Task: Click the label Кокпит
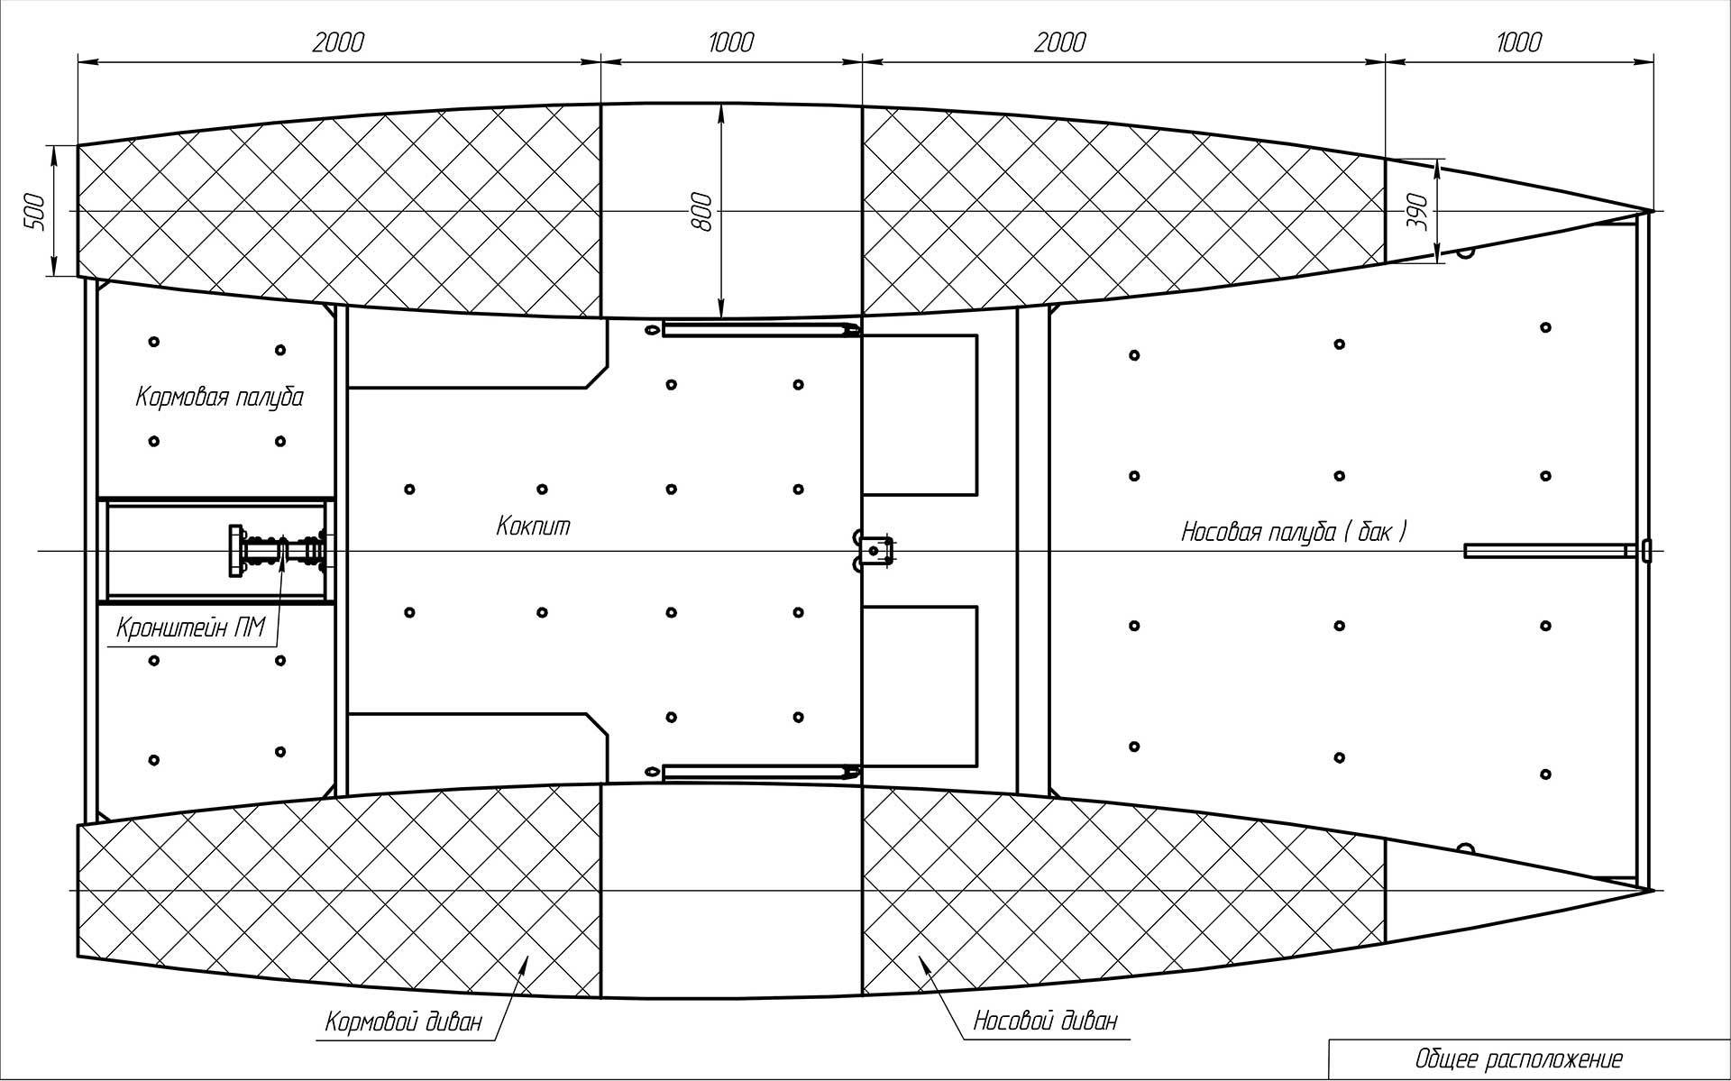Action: click(x=534, y=527)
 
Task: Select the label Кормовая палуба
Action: click(x=220, y=398)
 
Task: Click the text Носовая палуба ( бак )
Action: click(x=1294, y=532)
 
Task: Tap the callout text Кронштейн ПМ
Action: click(x=190, y=627)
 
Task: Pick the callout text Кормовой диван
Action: click(x=404, y=1022)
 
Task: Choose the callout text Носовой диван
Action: click(x=1045, y=1021)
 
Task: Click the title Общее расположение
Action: click(x=1519, y=1058)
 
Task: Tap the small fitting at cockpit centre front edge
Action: click(x=873, y=550)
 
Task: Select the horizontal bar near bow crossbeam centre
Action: click(x=1547, y=550)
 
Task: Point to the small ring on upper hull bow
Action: click(x=1465, y=253)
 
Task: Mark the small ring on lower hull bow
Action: click(x=1465, y=847)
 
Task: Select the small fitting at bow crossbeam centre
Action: click(x=1646, y=550)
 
